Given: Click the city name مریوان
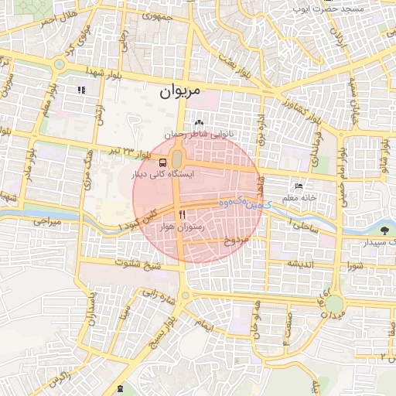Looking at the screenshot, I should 180,91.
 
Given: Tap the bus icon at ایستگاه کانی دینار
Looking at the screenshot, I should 162,162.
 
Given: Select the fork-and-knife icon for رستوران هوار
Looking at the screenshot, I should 183,214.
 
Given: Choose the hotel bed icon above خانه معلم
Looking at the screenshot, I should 300,186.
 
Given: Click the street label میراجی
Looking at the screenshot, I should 46,222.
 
